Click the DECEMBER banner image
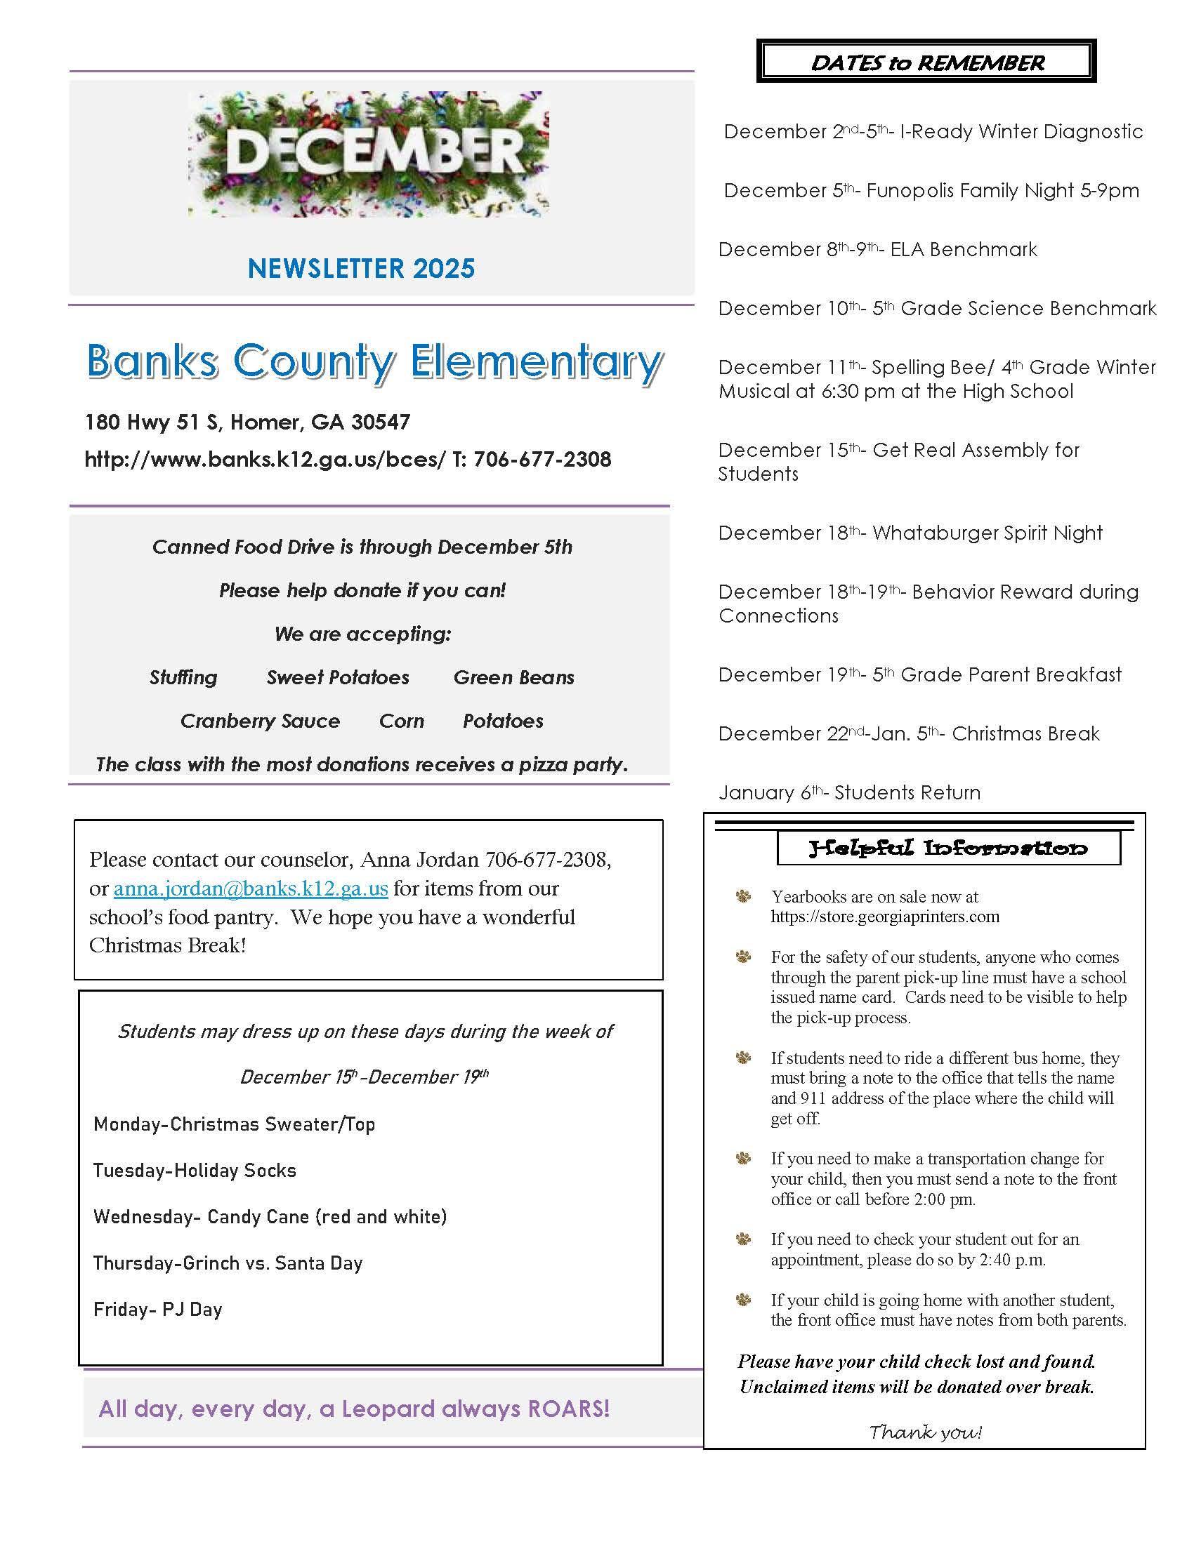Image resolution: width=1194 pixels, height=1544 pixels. pyautogui.click(x=369, y=154)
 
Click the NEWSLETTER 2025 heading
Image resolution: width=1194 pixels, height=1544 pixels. pyautogui.click(x=362, y=269)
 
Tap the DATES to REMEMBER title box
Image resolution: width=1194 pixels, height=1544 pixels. pyautogui.click(x=926, y=62)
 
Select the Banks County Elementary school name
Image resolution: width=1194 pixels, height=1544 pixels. pyautogui.click(x=374, y=363)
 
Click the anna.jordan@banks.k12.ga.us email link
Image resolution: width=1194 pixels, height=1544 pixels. pyautogui.click(x=251, y=889)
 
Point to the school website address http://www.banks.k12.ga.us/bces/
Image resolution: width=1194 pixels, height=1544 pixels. pyautogui.click(x=265, y=460)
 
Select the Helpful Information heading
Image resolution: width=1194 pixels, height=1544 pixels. pyautogui.click(x=948, y=848)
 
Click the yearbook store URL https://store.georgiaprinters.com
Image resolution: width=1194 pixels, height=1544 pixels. pyautogui.click(x=885, y=917)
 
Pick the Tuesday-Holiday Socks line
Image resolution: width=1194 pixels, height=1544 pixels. pyautogui.click(x=195, y=1171)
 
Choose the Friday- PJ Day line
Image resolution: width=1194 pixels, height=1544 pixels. pyautogui.click(x=158, y=1310)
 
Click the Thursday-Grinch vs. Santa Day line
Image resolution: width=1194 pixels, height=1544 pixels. pyautogui.click(x=228, y=1263)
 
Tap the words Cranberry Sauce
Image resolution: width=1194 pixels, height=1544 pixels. pyautogui.click(x=260, y=721)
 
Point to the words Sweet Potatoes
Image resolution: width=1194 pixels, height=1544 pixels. pyautogui.click(x=337, y=677)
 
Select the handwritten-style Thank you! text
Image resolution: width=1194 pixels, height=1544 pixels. pyautogui.click(x=924, y=1432)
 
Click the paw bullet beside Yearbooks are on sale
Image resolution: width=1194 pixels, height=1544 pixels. pyautogui.click(x=743, y=897)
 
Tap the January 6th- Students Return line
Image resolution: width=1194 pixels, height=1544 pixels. pyautogui.click(x=849, y=792)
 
